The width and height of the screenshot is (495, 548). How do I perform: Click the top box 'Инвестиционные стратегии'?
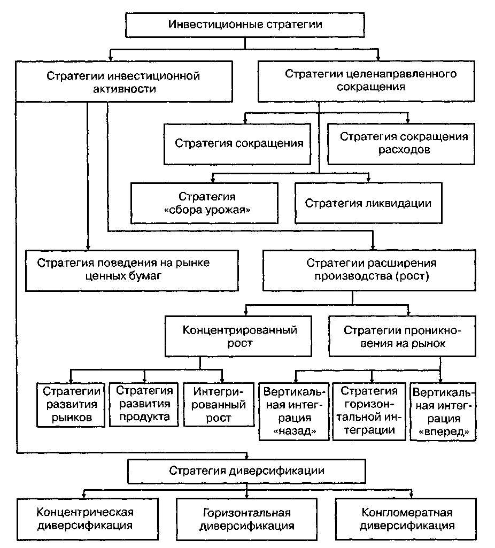pyautogui.click(x=245, y=25)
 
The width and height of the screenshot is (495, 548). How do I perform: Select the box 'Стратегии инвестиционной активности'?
pyautogui.click(x=123, y=82)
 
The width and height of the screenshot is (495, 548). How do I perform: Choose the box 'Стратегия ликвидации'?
pyautogui.click(x=368, y=203)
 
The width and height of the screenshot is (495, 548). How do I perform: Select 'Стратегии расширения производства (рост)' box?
pyautogui.click(x=371, y=269)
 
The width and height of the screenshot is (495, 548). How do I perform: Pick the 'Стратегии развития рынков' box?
pyautogui.click(x=71, y=404)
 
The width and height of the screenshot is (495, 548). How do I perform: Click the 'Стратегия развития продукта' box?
pyautogui.click(x=143, y=404)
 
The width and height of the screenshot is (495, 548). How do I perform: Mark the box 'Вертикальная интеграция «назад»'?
pyautogui.click(x=293, y=411)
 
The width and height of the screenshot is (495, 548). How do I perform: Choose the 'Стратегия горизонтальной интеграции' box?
pyautogui.click(x=369, y=410)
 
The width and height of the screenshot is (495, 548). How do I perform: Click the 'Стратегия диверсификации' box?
pyautogui.click(x=246, y=471)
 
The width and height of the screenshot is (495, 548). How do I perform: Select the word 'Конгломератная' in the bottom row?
pyautogui.click(x=407, y=512)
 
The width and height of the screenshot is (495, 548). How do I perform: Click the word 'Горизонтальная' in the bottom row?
pyautogui.click(x=246, y=512)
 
